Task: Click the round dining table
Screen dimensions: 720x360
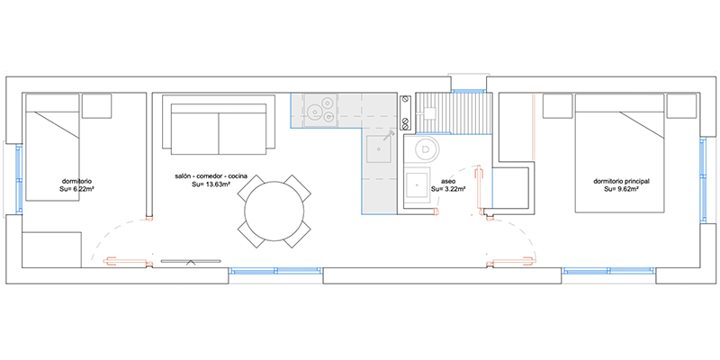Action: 274,211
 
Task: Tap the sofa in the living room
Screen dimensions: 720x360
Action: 219,125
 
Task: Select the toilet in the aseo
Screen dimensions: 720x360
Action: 427,148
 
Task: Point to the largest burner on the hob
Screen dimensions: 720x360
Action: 316,111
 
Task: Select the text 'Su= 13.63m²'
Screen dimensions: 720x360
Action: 211,184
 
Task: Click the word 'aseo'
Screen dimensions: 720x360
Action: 447,182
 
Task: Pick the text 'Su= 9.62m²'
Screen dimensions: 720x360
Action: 621,189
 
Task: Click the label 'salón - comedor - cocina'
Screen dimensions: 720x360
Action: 211,176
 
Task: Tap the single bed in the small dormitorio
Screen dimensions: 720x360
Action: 52,148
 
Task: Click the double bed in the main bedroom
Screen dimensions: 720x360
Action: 619,153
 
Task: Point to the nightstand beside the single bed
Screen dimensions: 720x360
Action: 97,106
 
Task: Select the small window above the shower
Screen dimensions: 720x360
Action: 468,91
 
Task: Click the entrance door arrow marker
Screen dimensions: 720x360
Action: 191,263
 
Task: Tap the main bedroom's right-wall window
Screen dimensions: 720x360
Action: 703,176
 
